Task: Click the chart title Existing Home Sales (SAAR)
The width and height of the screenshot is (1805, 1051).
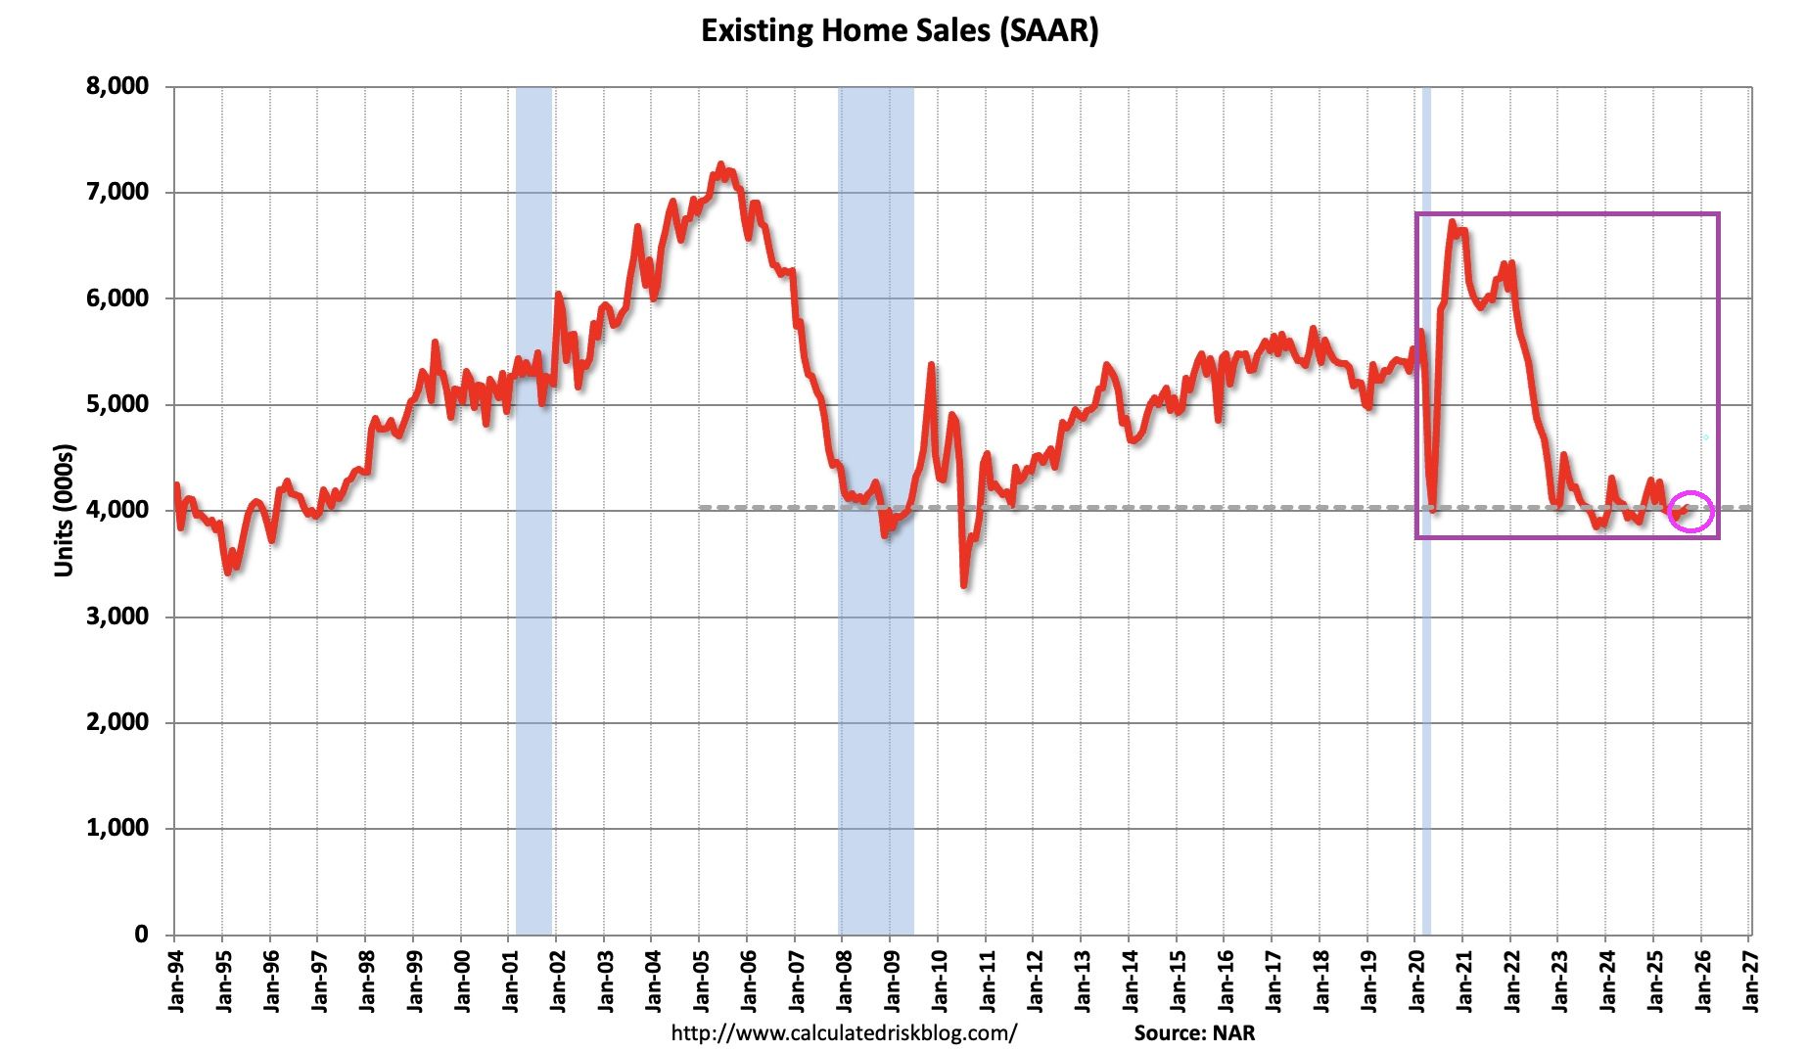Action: [900, 30]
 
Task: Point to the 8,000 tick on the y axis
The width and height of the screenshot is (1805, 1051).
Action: [117, 86]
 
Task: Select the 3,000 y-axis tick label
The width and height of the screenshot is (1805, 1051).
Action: [117, 617]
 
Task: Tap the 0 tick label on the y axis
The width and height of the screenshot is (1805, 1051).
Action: [141, 935]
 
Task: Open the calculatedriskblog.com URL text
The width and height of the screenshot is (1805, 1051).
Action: [844, 1033]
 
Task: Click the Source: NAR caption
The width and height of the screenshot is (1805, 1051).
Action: [1194, 1033]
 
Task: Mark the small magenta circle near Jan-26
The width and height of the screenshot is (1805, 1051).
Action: [1691, 511]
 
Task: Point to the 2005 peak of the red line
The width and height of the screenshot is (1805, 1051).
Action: [720, 165]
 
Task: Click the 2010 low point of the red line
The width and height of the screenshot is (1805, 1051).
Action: [964, 585]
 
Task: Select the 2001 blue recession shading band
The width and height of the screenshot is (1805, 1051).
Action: [532, 509]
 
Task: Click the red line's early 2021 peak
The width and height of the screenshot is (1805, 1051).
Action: [1453, 222]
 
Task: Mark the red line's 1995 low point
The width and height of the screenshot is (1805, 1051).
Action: [228, 572]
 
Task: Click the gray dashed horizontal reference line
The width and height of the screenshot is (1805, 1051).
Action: [1175, 507]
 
